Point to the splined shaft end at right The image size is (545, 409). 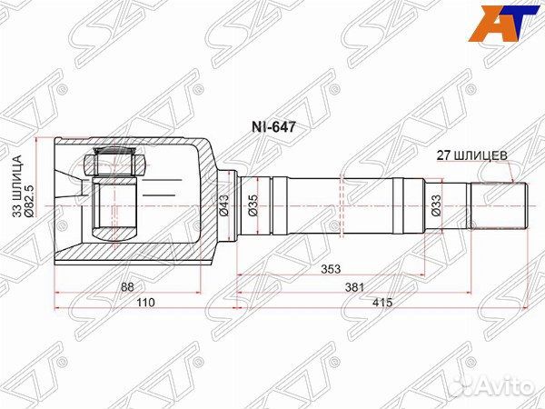pos(497,204)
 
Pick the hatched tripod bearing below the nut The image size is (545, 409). pos(114,211)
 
